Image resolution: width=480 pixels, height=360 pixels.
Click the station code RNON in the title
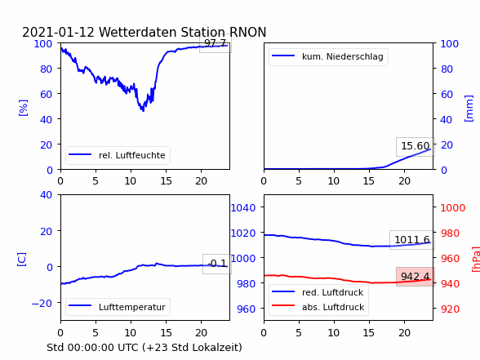[x=247, y=32]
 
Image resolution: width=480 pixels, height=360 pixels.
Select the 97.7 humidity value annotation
[x=216, y=43]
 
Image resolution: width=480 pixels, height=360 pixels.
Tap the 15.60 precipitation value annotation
[x=416, y=146]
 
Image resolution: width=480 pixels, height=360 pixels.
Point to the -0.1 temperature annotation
[x=217, y=263]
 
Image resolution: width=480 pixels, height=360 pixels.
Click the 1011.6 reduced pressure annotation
[x=412, y=240]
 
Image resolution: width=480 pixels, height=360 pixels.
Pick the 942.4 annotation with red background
[x=416, y=277]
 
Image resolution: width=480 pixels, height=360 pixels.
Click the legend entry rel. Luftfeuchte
[x=118, y=155]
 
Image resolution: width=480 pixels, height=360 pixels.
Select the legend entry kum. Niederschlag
[x=328, y=56]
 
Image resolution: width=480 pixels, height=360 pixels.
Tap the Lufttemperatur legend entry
[x=118, y=307]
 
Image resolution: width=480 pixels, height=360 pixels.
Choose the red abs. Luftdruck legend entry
[x=318, y=307]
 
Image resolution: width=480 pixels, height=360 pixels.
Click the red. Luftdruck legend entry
[x=318, y=292]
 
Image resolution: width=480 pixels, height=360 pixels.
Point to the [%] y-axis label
[x=23, y=108]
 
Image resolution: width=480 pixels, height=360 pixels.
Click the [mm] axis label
[x=469, y=109]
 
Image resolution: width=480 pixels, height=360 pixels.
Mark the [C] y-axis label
[x=22, y=260]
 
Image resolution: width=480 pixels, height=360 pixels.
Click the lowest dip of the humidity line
[x=143, y=111]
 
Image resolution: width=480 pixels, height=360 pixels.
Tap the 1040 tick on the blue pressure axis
[x=243, y=208]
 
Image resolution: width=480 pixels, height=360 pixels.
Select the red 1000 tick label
[x=453, y=208]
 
